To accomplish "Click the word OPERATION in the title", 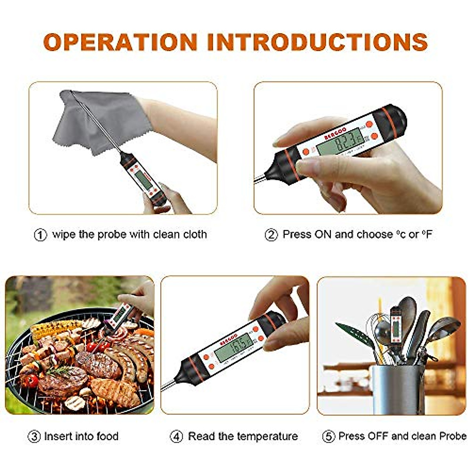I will tap(120, 42).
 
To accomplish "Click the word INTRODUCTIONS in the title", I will tap(317, 42).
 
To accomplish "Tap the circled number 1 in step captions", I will tap(40, 235).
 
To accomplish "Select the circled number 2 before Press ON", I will tap(271, 235).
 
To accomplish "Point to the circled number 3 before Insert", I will tap(34, 436).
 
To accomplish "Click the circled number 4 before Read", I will tap(176, 436).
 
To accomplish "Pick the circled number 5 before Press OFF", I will tap(328, 436).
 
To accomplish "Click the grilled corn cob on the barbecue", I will tap(55, 327).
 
